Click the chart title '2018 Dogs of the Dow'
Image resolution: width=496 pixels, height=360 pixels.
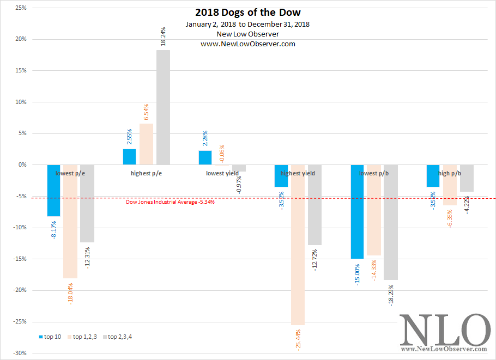tap(248, 13)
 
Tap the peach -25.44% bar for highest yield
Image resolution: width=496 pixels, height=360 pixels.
tap(298, 245)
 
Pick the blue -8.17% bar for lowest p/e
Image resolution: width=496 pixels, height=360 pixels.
tap(53, 190)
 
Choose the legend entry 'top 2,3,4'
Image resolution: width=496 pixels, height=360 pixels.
tap(119, 337)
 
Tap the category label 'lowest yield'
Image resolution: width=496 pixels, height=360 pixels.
tap(222, 173)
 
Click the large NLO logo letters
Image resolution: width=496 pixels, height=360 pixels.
tap(445, 329)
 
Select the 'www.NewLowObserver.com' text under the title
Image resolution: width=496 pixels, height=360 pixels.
tap(248, 44)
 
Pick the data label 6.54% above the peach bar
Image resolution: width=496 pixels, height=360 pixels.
tap(146, 113)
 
